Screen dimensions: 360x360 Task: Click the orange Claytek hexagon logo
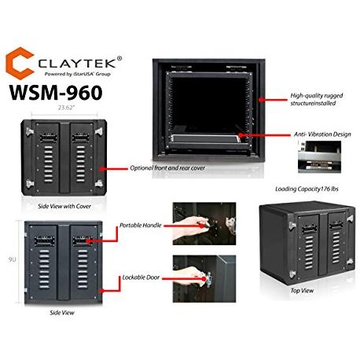[x=20, y=63]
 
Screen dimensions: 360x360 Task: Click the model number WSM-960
[x=56, y=93]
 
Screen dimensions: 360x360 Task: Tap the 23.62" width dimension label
[x=67, y=108]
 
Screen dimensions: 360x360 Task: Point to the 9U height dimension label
[x=13, y=259]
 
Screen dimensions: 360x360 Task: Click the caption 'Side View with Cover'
[x=64, y=206]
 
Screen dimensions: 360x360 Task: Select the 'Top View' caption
[x=302, y=291]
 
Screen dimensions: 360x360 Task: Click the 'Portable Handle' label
[x=141, y=226]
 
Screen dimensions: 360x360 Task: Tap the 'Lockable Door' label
[x=141, y=277]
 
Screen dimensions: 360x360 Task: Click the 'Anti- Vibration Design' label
[x=322, y=134]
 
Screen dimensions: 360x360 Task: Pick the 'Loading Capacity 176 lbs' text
[x=307, y=189]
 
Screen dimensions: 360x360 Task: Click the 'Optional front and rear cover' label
[x=167, y=168]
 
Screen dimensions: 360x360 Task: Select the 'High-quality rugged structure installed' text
[x=317, y=99]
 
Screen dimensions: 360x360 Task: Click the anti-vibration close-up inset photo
[x=320, y=156]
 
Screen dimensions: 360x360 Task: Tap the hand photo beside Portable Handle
[x=204, y=223]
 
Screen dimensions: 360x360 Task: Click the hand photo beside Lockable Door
[x=204, y=279]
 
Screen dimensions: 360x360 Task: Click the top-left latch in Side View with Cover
[x=30, y=131]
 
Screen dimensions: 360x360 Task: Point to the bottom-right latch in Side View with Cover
[x=99, y=183]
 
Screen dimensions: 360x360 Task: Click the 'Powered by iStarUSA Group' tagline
[x=77, y=74]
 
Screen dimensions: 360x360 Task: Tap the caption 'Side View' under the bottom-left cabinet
[x=62, y=313]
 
